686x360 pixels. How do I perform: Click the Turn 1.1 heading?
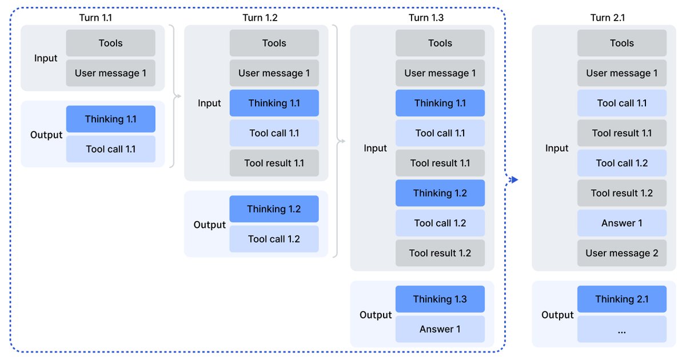click(x=95, y=18)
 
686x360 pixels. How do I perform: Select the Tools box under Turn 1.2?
click(x=274, y=43)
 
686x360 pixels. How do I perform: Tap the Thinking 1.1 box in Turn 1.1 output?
click(x=111, y=119)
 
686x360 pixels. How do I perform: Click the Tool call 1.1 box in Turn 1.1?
click(x=111, y=149)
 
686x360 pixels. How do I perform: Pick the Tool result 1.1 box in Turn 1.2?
click(x=274, y=163)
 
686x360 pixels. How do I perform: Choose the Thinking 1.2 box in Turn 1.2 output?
click(x=274, y=209)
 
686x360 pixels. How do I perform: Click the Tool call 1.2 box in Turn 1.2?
click(x=274, y=239)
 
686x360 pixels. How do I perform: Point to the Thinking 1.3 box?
click(x=440, y=299)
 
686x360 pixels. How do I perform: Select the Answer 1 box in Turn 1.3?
click(x=440, y=329)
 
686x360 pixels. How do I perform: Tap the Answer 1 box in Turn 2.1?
click(x=622, y=223)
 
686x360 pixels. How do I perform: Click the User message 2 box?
click(x=622, y=253)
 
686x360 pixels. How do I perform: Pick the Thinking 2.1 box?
click(x=622, y=299)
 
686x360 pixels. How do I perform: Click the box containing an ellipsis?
click(x=622, y=330)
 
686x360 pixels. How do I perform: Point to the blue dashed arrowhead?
click(x=514, y=180)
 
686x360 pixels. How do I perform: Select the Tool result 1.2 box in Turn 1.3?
click(x=440, y=253)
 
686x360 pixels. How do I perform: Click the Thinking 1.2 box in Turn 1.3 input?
click(x=440, y=193)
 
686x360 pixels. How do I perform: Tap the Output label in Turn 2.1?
click(x=557, y=315)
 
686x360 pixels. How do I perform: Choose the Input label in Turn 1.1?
click(x=46, y=58)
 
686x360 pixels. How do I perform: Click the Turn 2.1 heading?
click(x=607, y=18)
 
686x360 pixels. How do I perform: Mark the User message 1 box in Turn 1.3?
click(x=440, y=73)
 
